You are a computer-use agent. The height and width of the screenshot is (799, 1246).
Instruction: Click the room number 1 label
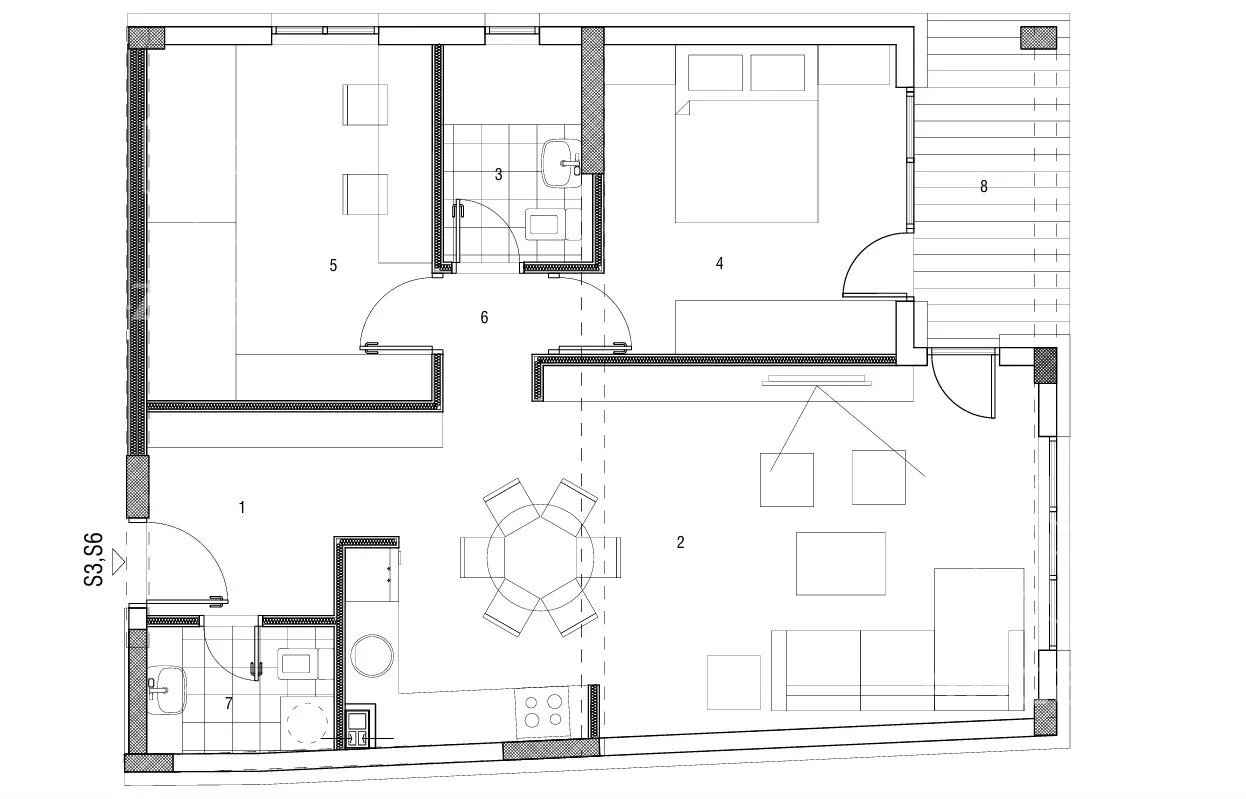(x=242, y=507)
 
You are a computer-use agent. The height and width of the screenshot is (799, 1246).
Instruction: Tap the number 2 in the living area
(x=680, y=542)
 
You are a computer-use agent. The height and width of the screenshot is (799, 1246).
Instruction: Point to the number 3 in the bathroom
(x=498, y=175)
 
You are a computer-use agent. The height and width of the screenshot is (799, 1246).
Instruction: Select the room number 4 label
(x=719, y=263)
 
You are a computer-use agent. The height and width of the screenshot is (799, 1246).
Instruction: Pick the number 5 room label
(x=333, y=265)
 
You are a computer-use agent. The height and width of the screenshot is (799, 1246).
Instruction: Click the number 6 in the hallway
(x=484, y=317)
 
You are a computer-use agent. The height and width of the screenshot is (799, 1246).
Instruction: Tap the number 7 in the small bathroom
(x=229, y=704)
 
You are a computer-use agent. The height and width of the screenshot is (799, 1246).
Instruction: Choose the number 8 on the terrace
(x=983, y=186)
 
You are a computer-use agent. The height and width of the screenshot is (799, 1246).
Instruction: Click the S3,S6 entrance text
(x=93, y=560)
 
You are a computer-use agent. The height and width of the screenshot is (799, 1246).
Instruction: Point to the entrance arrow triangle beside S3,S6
(x=118, y=562)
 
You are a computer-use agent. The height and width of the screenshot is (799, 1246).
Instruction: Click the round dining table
(x=540, y=557)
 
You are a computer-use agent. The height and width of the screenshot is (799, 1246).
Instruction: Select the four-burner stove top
(x=543, y=712)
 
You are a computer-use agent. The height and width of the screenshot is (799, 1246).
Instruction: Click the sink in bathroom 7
(x=166, y=690)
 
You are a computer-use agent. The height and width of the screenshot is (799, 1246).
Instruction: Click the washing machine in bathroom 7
(x=307, y=722)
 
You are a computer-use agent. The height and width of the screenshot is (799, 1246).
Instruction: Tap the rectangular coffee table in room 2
(x=840, y=564)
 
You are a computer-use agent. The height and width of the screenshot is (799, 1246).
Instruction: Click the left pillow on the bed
(x=715, y=72)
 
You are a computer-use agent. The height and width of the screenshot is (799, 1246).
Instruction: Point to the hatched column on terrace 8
(x=1038, y=38)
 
